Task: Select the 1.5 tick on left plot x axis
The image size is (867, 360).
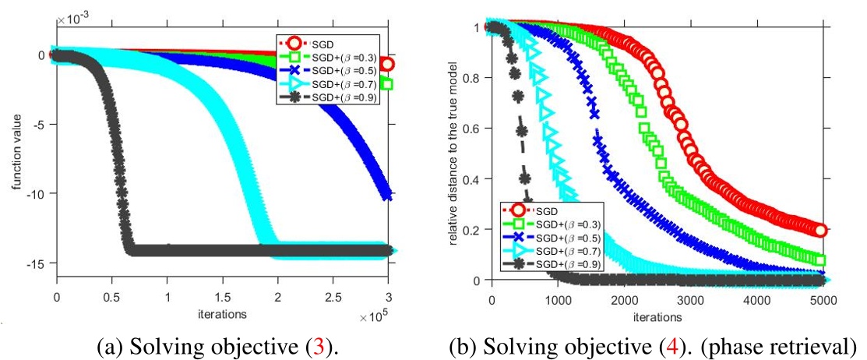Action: [222, 298]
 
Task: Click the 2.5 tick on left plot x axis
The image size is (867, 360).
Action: [333, 298]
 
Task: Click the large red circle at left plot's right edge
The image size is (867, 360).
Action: [387, 64]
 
